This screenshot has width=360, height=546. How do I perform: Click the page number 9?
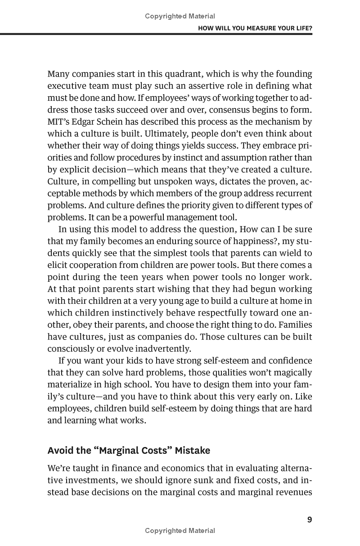[x=309, y=520]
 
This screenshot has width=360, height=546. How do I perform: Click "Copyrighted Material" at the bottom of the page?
[x=180, y=531]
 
